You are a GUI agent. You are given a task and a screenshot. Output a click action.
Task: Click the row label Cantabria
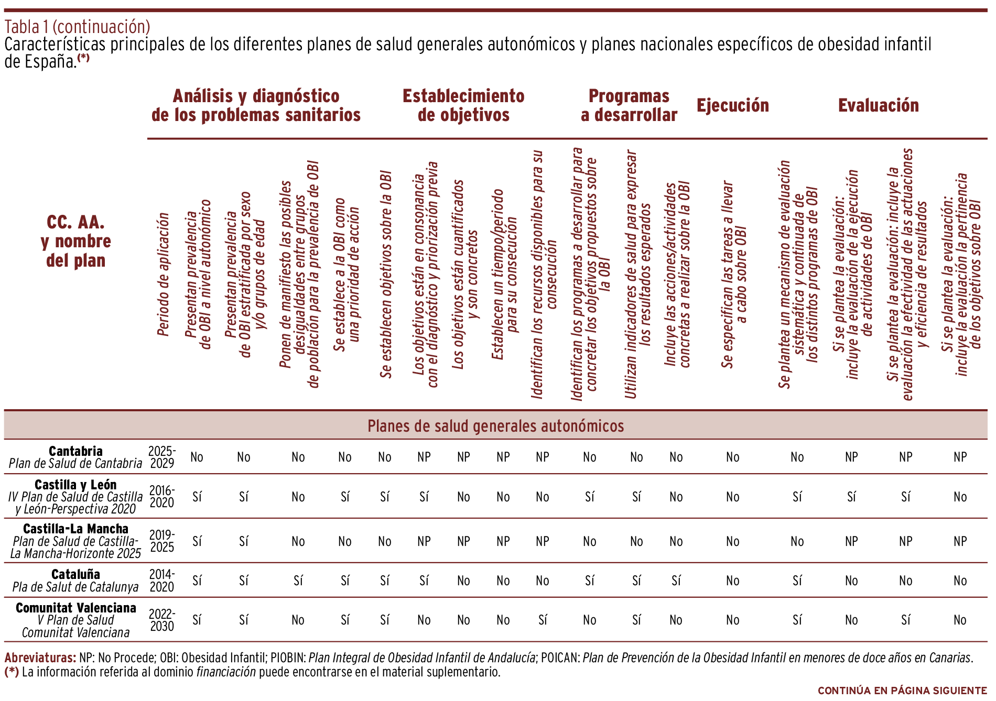(75, 451)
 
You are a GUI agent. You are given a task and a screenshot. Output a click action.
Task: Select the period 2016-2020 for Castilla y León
(162, 497)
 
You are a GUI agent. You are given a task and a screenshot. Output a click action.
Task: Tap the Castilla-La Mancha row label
(75, 529)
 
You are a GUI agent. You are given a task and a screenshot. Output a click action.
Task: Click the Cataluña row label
(75, 574)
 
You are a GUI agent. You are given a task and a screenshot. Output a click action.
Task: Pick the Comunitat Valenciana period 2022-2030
(162, 620)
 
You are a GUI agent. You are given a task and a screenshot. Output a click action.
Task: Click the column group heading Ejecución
(732, 105)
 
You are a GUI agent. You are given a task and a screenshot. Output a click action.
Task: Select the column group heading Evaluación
(878, 105)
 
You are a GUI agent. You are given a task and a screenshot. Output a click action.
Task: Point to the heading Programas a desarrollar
(629, 105)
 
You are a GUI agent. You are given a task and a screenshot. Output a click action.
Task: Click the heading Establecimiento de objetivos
(463, 105)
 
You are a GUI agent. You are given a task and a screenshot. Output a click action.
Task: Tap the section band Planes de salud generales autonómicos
(495, 426)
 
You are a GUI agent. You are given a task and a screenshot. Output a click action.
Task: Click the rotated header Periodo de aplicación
(164, 274)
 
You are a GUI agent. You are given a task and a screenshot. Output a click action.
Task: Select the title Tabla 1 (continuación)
(77, 26)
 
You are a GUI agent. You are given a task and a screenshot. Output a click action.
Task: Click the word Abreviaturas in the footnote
(40, 658)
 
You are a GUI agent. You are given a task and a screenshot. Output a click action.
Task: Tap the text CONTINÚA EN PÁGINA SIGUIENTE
(902, 691)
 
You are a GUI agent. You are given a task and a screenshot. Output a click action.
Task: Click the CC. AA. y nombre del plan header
(75, 241)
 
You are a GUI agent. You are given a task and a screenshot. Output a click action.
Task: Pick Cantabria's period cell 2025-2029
(162, 457)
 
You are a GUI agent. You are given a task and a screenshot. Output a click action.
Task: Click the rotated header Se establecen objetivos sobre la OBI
(386, 274)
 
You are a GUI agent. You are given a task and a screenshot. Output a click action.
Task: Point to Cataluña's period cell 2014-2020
(162, 580)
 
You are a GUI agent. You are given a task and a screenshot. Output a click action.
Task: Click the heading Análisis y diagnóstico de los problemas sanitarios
(256, 105)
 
